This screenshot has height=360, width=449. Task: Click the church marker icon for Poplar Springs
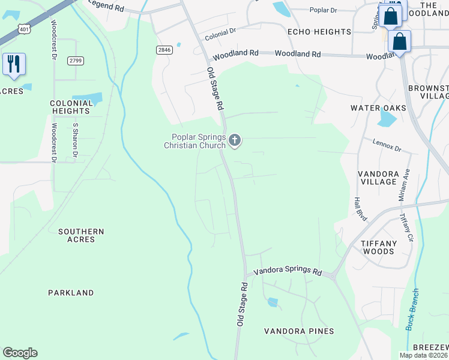[x=235, y=141]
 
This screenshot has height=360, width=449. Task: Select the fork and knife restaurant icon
[x=14, y=64]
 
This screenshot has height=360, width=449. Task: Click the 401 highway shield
[x=23, y=28]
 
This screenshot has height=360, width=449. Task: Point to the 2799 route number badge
[x=76, y=61]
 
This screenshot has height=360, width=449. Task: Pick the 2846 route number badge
[x=163, y=50]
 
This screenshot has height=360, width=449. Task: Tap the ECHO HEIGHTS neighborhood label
[x=319, y=32]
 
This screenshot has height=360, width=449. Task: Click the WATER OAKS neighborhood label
[x=379, y=108]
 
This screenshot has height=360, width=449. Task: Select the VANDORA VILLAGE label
[x=378, y=178]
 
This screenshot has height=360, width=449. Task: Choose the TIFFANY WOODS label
[x=378, y=247]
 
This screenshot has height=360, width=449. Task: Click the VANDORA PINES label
[x=300, y=331]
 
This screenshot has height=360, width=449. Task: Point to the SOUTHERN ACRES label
[x=81, y=235]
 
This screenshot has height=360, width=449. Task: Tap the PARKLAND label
[x=71, y=293]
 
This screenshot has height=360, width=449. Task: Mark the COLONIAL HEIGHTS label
[x=71, y=107]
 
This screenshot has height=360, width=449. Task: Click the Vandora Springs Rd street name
[x=288, y=271]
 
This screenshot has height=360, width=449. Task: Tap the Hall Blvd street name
[x=360, y=208]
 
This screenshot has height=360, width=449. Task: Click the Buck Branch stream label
[x=412, y=310]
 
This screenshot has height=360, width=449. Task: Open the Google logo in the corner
[x=20, y=353]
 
